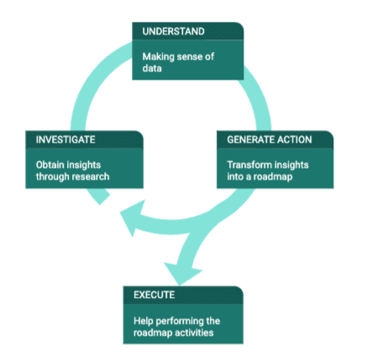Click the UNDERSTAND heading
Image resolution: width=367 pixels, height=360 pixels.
point(173,31)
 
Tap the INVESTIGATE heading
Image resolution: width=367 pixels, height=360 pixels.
point(66,139)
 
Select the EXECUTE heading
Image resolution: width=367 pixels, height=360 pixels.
point(155,295)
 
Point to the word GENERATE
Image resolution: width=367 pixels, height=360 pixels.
point(247,139)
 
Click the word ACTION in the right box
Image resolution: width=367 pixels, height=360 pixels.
point(291,139)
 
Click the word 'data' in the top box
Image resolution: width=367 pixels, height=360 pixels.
point(152,68)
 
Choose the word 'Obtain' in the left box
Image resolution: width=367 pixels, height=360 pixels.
point(50,164)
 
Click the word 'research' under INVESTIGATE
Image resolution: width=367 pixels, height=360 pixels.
point(92,177)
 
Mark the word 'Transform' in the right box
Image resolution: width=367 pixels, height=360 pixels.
point(246,164)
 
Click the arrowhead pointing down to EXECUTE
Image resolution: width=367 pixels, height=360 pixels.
point(181,274)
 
